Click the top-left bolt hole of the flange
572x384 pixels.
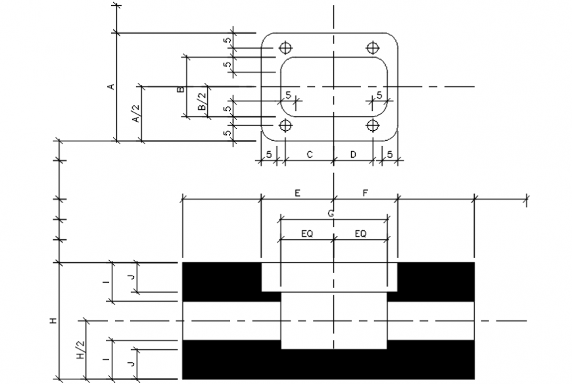point(285,48)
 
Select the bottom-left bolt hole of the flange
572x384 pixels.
point(285,125)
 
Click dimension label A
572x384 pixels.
point(112,86)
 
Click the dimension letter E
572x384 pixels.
point(297,193)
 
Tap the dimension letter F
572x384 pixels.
point(366,193)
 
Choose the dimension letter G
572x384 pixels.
point(331,213)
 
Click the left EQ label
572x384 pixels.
point(306,233)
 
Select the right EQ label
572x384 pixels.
point(361,233)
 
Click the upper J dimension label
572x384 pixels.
point(131,278)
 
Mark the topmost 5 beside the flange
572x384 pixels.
point(227,41)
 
